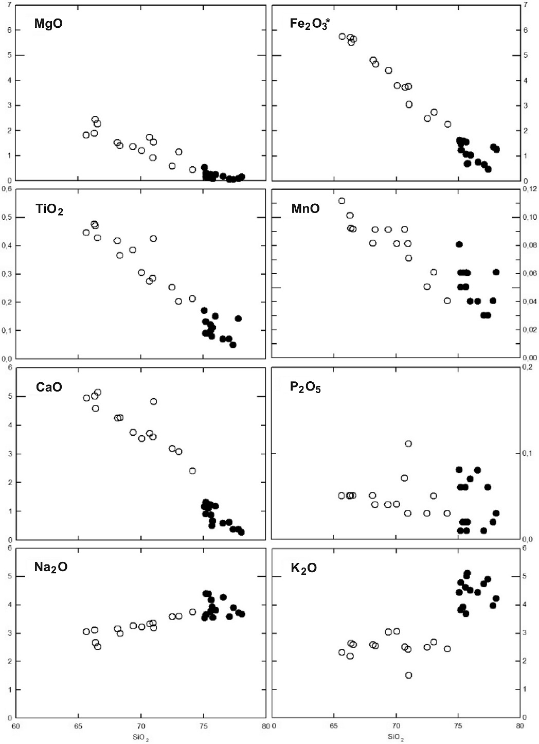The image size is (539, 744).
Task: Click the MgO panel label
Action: coord(48,24)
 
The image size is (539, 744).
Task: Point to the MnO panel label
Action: coord(306,208)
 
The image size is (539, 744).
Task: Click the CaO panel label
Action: coord(49,387)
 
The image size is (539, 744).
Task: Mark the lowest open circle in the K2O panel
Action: coord(409,675)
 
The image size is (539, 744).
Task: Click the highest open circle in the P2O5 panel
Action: coord(408,444)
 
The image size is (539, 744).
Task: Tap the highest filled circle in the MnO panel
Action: coord(459,244)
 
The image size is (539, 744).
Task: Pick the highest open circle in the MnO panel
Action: coord(342,201)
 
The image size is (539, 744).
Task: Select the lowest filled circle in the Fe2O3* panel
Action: coord(488,169)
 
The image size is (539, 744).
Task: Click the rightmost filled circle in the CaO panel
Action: coord(241,532)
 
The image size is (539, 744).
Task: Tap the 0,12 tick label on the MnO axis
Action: coord(530,189)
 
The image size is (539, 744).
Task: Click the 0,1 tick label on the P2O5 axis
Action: coord(528,453)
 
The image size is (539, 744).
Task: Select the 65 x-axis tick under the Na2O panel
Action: coord(79,727)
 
